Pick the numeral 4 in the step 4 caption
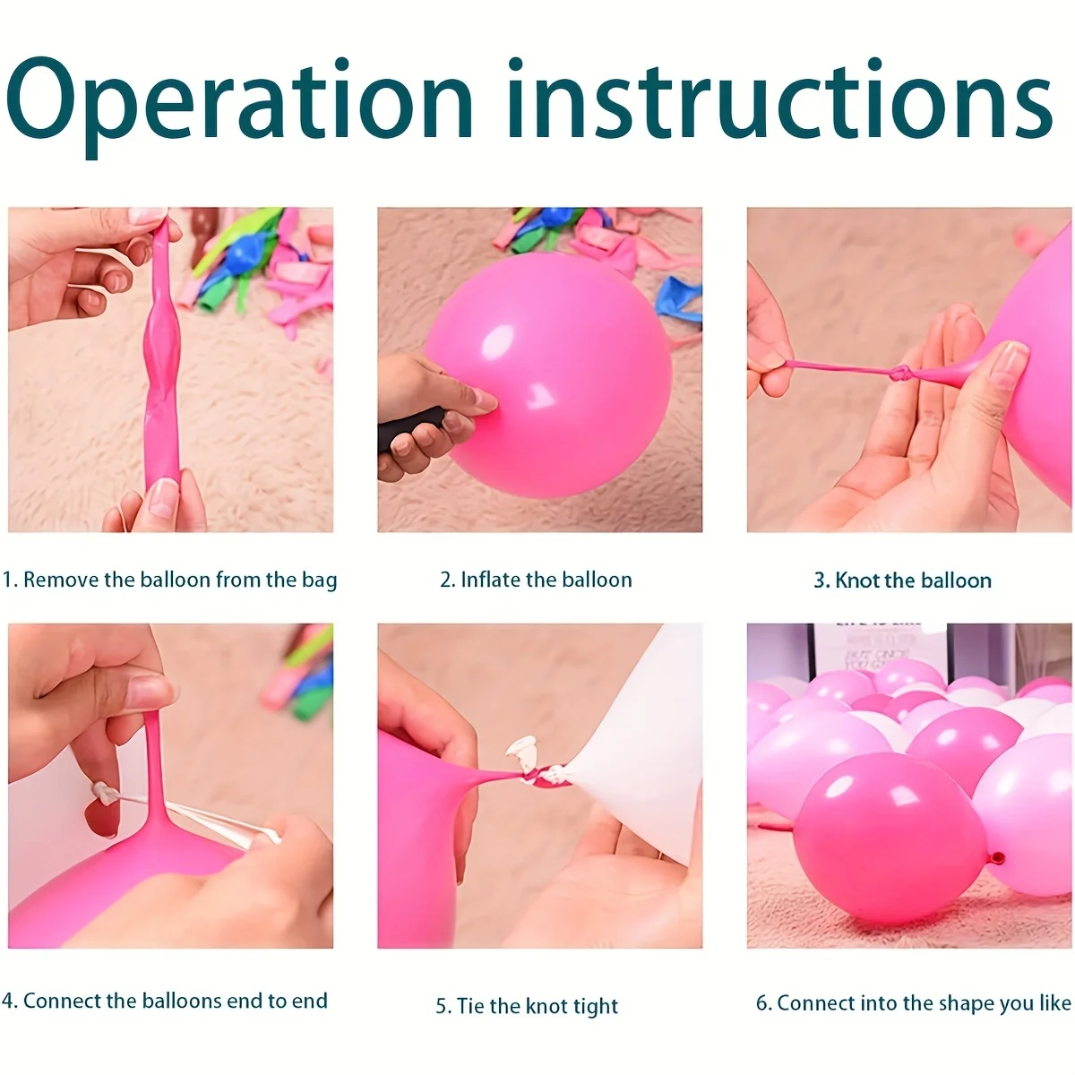[7, 1001]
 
